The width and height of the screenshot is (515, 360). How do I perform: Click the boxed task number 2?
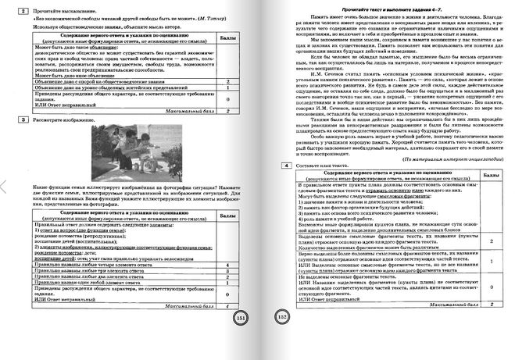(25, 10)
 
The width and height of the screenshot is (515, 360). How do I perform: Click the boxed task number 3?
(25, 119)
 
